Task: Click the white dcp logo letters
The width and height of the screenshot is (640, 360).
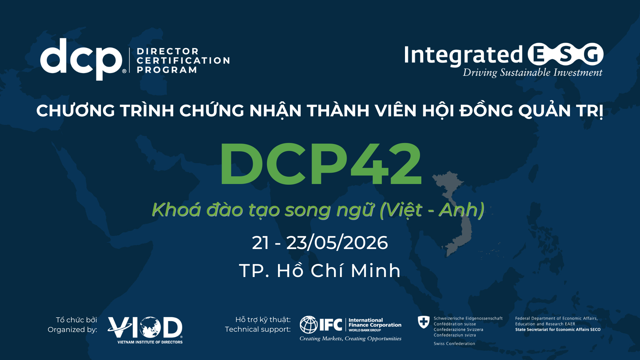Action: [81, 59]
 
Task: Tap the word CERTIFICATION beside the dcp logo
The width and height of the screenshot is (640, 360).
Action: [183, 61]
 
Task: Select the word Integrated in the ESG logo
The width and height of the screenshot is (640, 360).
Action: [463, 55]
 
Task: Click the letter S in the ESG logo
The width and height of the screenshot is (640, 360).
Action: [566, 54]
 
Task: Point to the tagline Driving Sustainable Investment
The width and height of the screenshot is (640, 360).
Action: [532, 73]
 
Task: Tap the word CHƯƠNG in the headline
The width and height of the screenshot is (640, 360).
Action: [75, 111]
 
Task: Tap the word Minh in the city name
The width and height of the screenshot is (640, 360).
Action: [375, 270]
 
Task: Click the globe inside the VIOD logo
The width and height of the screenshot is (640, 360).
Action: [150, 327]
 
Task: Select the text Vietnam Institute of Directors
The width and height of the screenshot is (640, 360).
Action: [150, 342]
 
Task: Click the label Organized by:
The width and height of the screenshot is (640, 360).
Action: [72, 330]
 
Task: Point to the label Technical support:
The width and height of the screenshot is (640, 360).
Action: [258, 329]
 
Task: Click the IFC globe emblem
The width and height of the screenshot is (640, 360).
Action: [308, 325]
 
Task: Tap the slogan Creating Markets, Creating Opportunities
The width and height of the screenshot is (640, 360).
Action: [350, 339]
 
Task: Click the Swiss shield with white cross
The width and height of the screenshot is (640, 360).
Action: [424, 322]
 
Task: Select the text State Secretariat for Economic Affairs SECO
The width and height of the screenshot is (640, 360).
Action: [558, 330]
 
